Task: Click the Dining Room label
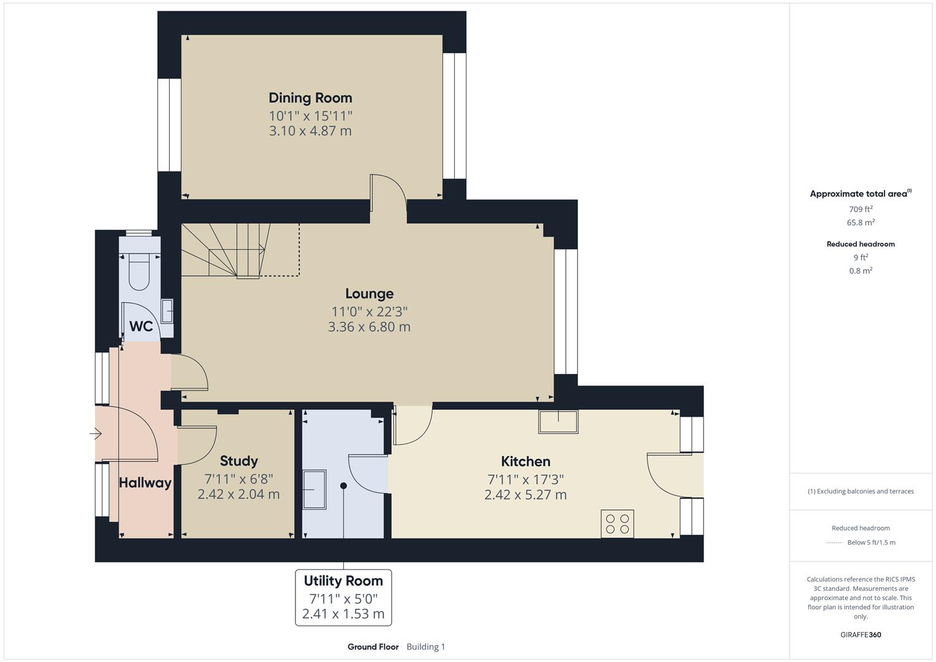(310, 98)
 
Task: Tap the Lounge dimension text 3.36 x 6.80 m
(369, 327)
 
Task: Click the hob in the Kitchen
(617, 524)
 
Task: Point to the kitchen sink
(558, 422)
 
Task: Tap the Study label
(238, 461)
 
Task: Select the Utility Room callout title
(343, 580)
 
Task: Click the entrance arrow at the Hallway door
(96, 434)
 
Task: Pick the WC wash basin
(167, 311)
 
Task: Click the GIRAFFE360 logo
(860, 634)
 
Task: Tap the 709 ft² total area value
(860, 209)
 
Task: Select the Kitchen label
(525, 462)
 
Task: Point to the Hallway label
(145, 483)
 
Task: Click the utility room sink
(314, 489)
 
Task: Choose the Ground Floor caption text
(373, 647)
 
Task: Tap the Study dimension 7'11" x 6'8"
(238, 479)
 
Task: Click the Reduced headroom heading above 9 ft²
(860, 244)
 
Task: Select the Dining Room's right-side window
(455, 116)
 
